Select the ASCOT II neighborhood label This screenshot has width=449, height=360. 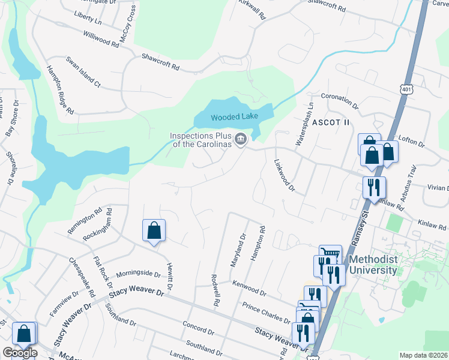coord(330,122)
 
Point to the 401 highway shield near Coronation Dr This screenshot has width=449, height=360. coord(408,89)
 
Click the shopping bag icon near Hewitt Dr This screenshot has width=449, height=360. coord(154,230)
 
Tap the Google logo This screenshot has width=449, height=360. coord(20,353)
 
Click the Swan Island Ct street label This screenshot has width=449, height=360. coord(83,73)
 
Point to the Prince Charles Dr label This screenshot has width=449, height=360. coord(267,312)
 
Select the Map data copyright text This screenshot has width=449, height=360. coord(424,355)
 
